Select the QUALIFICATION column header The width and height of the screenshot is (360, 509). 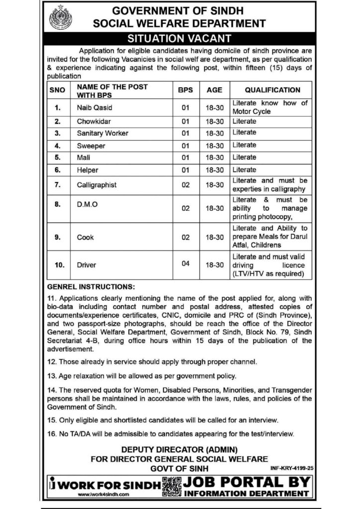pyautogui.click(x=272, y=90)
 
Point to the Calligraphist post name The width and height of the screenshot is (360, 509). pyautogui.click(x=96, y=184)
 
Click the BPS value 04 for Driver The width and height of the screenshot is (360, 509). pyautogui.click(x=185, y=263)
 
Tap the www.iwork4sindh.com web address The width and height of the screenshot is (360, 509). pyautogui.click(x=104, y=495)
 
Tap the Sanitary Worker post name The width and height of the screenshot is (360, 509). pyautogui.click(x=95, y=133)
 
